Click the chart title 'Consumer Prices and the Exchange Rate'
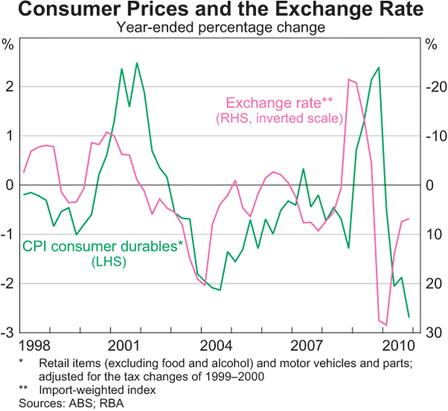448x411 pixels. (224, 11)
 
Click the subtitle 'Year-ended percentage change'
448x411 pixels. (224, 28)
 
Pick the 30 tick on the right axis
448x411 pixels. (433, 332)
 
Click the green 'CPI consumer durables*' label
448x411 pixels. (103, 247)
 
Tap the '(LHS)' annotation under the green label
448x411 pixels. (103, 262)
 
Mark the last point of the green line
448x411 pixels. (408, 317)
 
